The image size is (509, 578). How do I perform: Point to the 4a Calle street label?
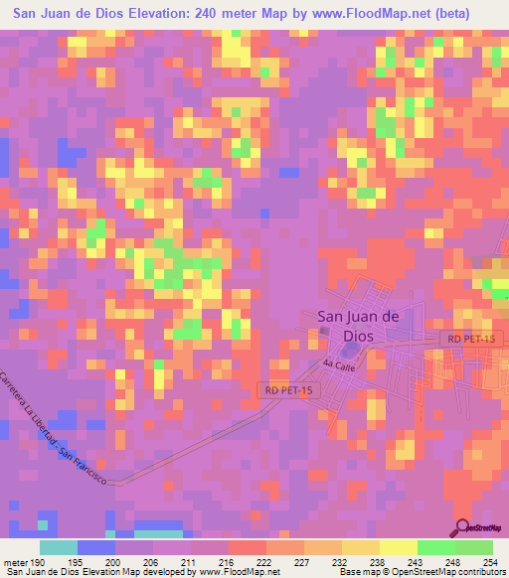click(x=338, y=366)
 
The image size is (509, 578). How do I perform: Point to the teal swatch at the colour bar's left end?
click(x=59, y=547)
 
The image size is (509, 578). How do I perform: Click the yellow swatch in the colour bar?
click(x=398, y=547)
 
